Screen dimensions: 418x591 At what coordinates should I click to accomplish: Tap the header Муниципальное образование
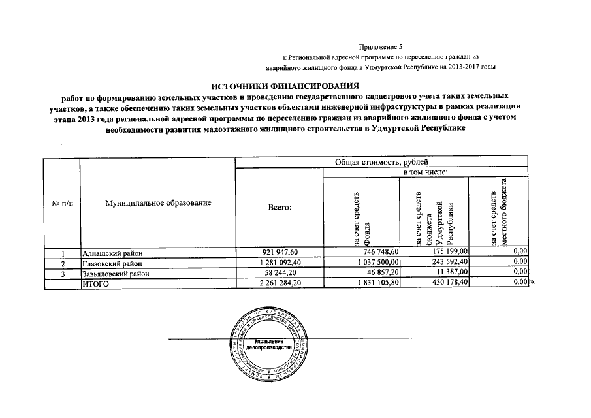click(x=159, y=203)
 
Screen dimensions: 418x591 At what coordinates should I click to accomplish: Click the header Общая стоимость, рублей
click(x=381, y=162)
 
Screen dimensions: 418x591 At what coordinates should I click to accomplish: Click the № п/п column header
click(x=62, y=203)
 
